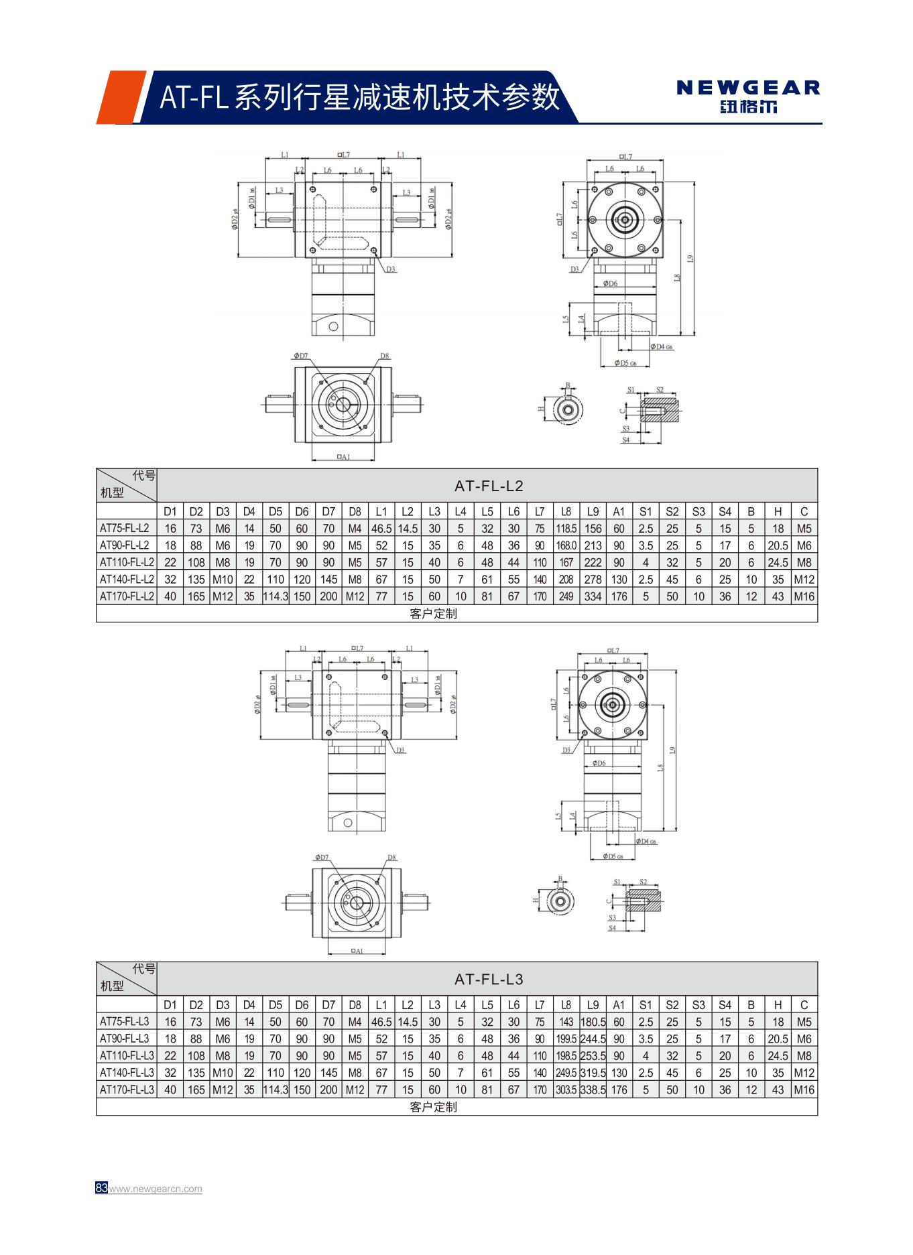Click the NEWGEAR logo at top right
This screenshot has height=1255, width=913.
[747, 96]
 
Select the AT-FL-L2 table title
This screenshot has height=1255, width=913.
[488, 486]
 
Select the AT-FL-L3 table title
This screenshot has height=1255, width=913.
[488, 979]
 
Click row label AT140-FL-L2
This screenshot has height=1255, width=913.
[126, 579]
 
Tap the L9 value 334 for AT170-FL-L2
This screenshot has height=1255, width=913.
[593, 596]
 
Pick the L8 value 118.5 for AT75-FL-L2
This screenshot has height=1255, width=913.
[566, 529]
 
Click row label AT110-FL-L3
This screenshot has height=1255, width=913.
[126, 1055]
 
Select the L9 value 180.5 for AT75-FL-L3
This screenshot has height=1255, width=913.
[593, 1022]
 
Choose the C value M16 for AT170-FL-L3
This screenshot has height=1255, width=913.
[804, 1089]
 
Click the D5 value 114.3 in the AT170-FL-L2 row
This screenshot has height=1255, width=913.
[276, 596]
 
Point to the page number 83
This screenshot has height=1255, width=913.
[101, 1188]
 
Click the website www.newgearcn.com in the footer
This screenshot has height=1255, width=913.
[156, 1189]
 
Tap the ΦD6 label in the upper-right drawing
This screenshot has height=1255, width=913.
[609, 283]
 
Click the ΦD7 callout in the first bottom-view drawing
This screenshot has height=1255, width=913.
[300, 356]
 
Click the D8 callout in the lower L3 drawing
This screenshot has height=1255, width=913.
[392, 857]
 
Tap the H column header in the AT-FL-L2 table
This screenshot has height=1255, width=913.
[778, 511]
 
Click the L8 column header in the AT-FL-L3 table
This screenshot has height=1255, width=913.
[566, 1004]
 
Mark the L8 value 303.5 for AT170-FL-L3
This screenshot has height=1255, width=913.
[566, 1089]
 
